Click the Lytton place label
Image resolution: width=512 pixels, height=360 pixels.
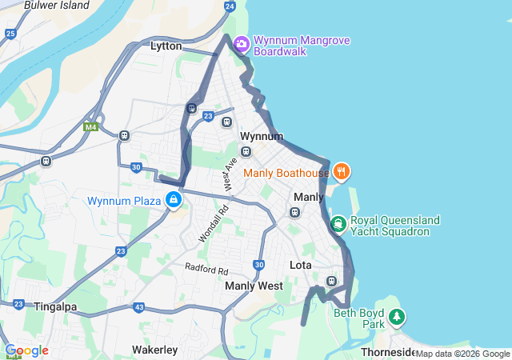tap(166, 46)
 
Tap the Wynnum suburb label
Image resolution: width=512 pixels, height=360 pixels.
tap(262, 136)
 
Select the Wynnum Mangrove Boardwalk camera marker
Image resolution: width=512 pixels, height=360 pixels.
tap(242, 42)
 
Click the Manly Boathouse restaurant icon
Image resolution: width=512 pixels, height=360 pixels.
tap(342, 171)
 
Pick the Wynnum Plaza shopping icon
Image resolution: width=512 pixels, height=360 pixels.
tap(174, 200)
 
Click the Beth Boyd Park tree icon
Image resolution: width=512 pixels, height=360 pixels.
tap(396, 318)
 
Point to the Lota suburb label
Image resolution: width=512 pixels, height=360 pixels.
tap(301, 265)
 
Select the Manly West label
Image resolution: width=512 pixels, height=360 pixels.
tap(254, 286)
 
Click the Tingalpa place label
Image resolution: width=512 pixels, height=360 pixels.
tap(54, 306)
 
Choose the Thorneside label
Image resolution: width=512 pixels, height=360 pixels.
tap(388, 353)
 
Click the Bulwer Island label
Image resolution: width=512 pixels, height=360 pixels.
tap(56, 5)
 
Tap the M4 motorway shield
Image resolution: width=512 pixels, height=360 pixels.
tap(90, 126)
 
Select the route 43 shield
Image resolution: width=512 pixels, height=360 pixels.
tap(139, 307)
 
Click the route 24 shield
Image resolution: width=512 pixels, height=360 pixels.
tap(230, 6)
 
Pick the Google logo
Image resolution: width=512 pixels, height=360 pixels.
tap(26, 350)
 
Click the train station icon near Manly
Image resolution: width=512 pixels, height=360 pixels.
tap(294, 212)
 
